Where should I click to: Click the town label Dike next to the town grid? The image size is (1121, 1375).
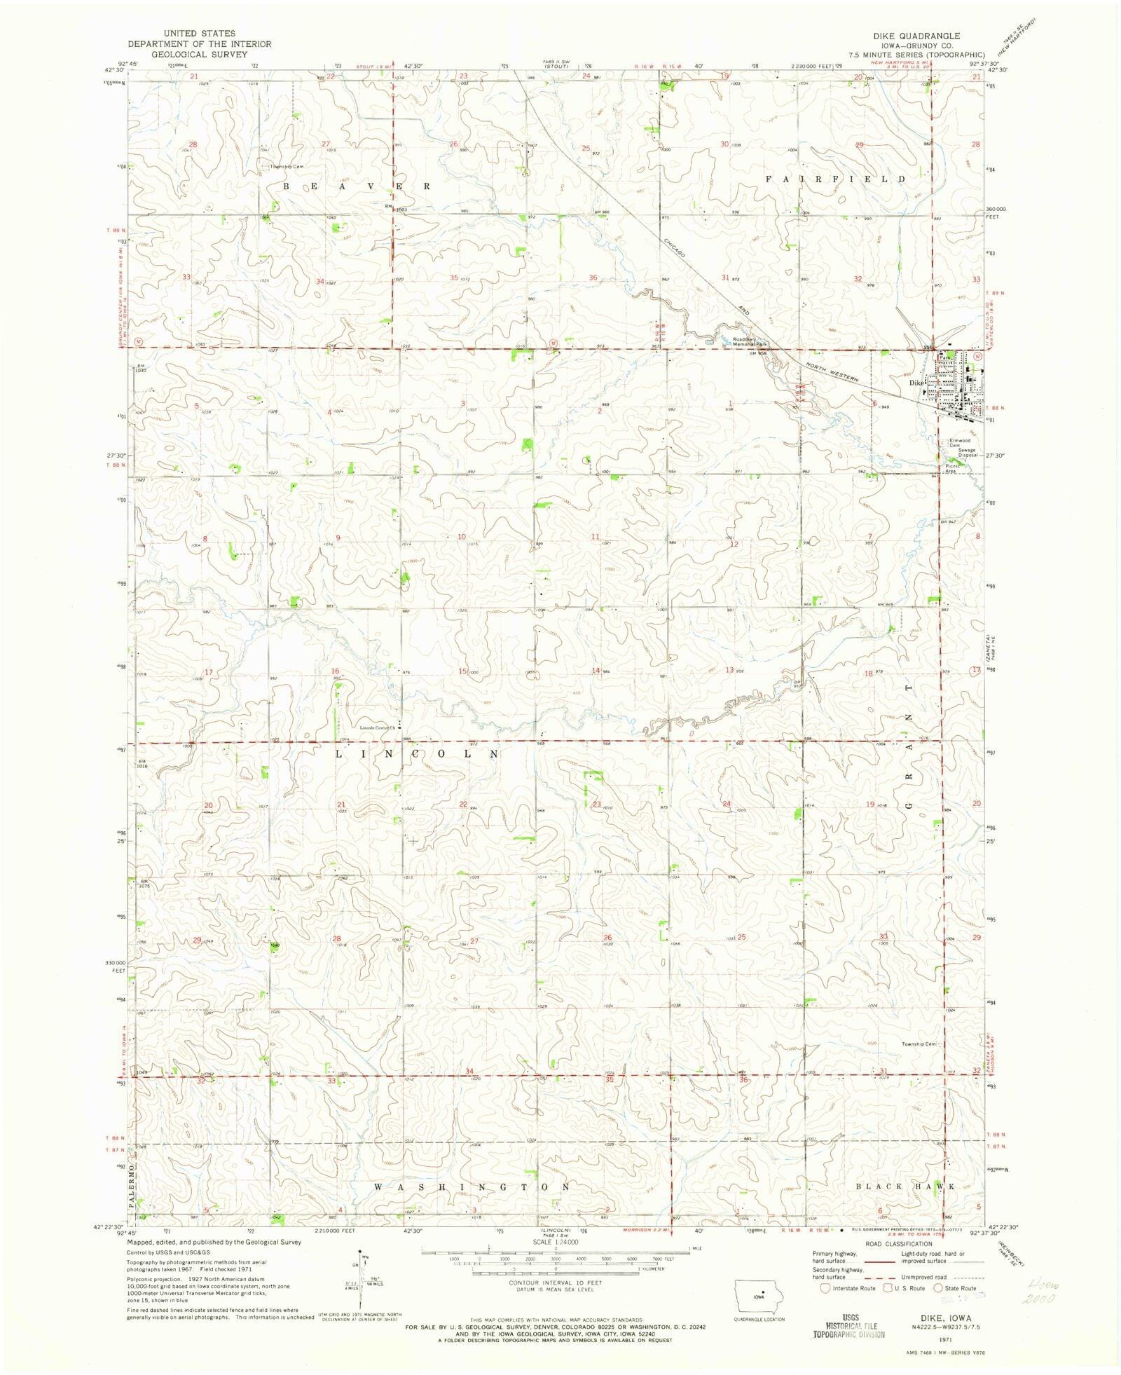point(916,383)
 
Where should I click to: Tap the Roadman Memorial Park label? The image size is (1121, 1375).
point(750,342)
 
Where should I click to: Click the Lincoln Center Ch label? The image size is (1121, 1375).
point(377,727)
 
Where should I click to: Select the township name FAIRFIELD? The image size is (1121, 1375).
point(835,179)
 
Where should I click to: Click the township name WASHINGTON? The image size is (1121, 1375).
point(472,1187)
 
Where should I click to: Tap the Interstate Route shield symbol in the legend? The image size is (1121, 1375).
point(825,1287)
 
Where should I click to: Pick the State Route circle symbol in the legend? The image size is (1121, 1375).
point(938,1287)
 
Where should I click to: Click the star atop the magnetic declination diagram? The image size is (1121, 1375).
point(359,1250)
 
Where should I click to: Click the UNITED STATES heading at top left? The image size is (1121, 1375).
point(200,34)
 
